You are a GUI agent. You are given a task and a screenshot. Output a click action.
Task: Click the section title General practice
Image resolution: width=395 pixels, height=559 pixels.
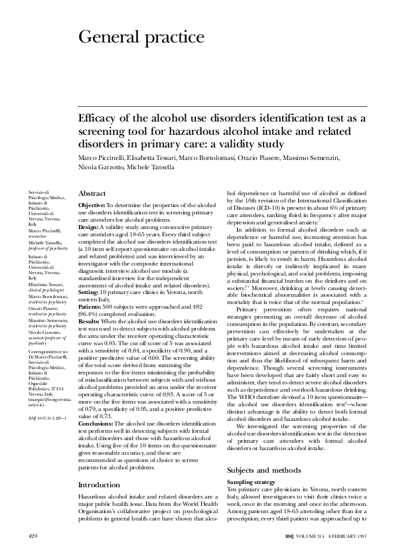coord(141,37)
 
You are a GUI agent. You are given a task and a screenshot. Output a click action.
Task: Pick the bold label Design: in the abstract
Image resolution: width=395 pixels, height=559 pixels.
coord(88,226)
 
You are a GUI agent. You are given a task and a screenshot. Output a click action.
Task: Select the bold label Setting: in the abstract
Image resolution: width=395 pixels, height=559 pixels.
coord(89,291)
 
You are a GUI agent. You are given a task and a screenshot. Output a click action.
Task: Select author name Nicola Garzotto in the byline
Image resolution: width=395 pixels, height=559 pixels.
coord(103,169)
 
